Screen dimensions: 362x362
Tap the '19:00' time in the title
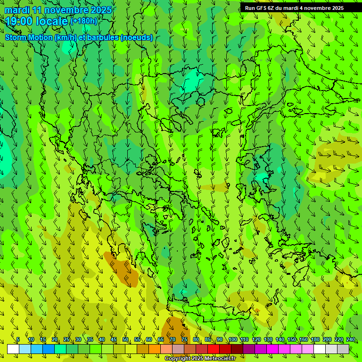point(18,21)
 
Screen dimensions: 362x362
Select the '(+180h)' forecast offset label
point(84,21)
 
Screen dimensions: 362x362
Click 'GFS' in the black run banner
point(262,8)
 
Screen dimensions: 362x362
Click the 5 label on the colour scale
point(18,339)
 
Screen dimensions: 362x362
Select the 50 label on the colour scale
point(125,339)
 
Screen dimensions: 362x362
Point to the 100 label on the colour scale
point(232,339)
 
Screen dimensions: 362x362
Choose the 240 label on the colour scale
point(351,339)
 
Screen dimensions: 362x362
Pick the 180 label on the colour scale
point(315,339)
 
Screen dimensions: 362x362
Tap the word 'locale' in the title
point(52,21)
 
